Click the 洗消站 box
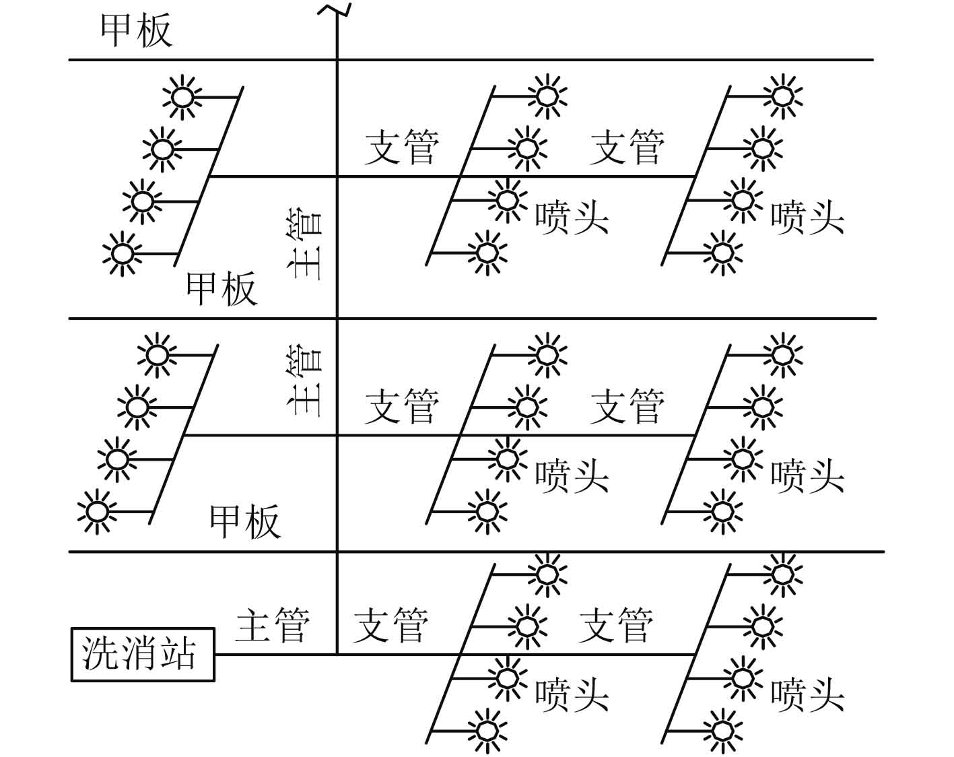pyautogui.click(x=142, y=654)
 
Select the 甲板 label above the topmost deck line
pyautogui.click(x=137, y=31)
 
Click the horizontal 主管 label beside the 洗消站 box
pyautogui.click(x=273, y=624)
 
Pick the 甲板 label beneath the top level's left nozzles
pyautogui.click(x=222, y=289)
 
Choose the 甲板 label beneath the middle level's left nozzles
pyautogui.click(x=245, y=521)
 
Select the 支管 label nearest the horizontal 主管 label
pyautogui.click(x=390, y=624)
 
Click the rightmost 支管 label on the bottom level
pyautogui.click(x=616, y=624)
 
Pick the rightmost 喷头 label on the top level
pyautogui.click(x=807, y=218)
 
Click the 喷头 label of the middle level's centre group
pyautogui.click(x=572, y=476)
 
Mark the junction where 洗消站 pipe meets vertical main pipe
pyautogui.click(x=337, y=654)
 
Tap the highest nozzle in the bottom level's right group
pyautogui.click(x=782, y=574)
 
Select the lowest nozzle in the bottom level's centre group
pyautogui.click(x=486, y=730)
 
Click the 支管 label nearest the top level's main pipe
pyautogui.click(x=402, y=147)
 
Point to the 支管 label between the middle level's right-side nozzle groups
pyautogui.click(x=627, y=406)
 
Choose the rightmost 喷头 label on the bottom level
pyautogui.click(x=807, y=695)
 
